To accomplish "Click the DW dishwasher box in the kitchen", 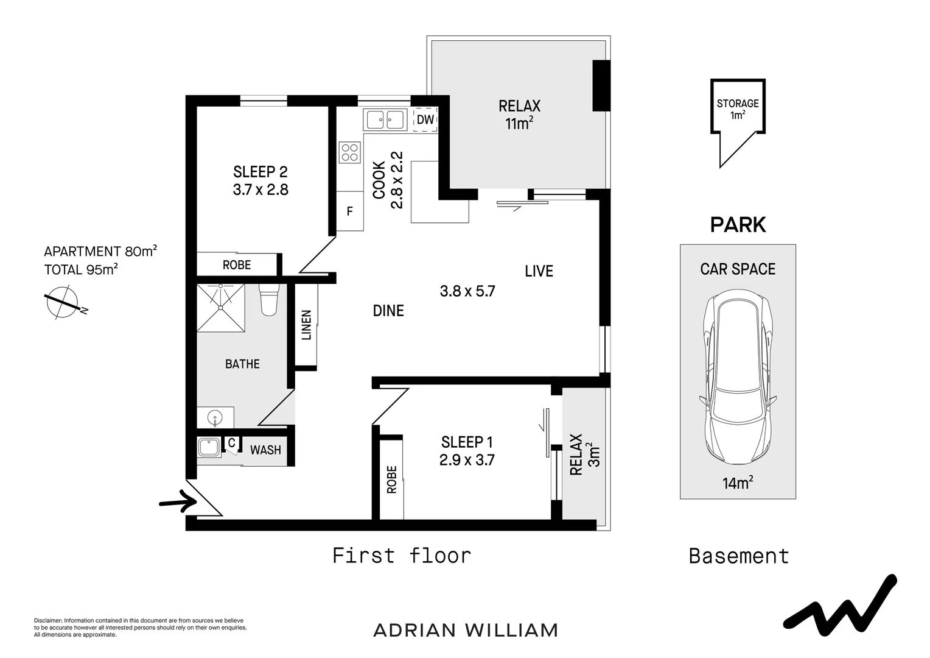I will coord(425,120).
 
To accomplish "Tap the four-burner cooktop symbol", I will coord(349,152).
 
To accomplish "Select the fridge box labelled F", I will coord(350,211).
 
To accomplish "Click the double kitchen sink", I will coord(385,119).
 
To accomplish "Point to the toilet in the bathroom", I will coord(268,299).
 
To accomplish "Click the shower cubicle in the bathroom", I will coord(221,307).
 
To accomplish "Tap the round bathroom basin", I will coord(215,418).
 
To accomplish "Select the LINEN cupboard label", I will coord(306,325).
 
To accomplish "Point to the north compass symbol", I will coord(62,303).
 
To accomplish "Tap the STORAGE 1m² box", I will coord(738,108).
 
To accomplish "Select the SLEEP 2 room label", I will coord(260,172).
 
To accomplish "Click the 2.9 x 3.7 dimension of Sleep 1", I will coord(467,460).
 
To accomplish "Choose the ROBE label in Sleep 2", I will coord(237,265).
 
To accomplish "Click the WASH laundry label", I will coord(265,450).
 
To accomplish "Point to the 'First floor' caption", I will coord(402,556).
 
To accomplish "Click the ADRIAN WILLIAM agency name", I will coord(466,630).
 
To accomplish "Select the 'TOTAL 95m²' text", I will coord(81,269).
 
